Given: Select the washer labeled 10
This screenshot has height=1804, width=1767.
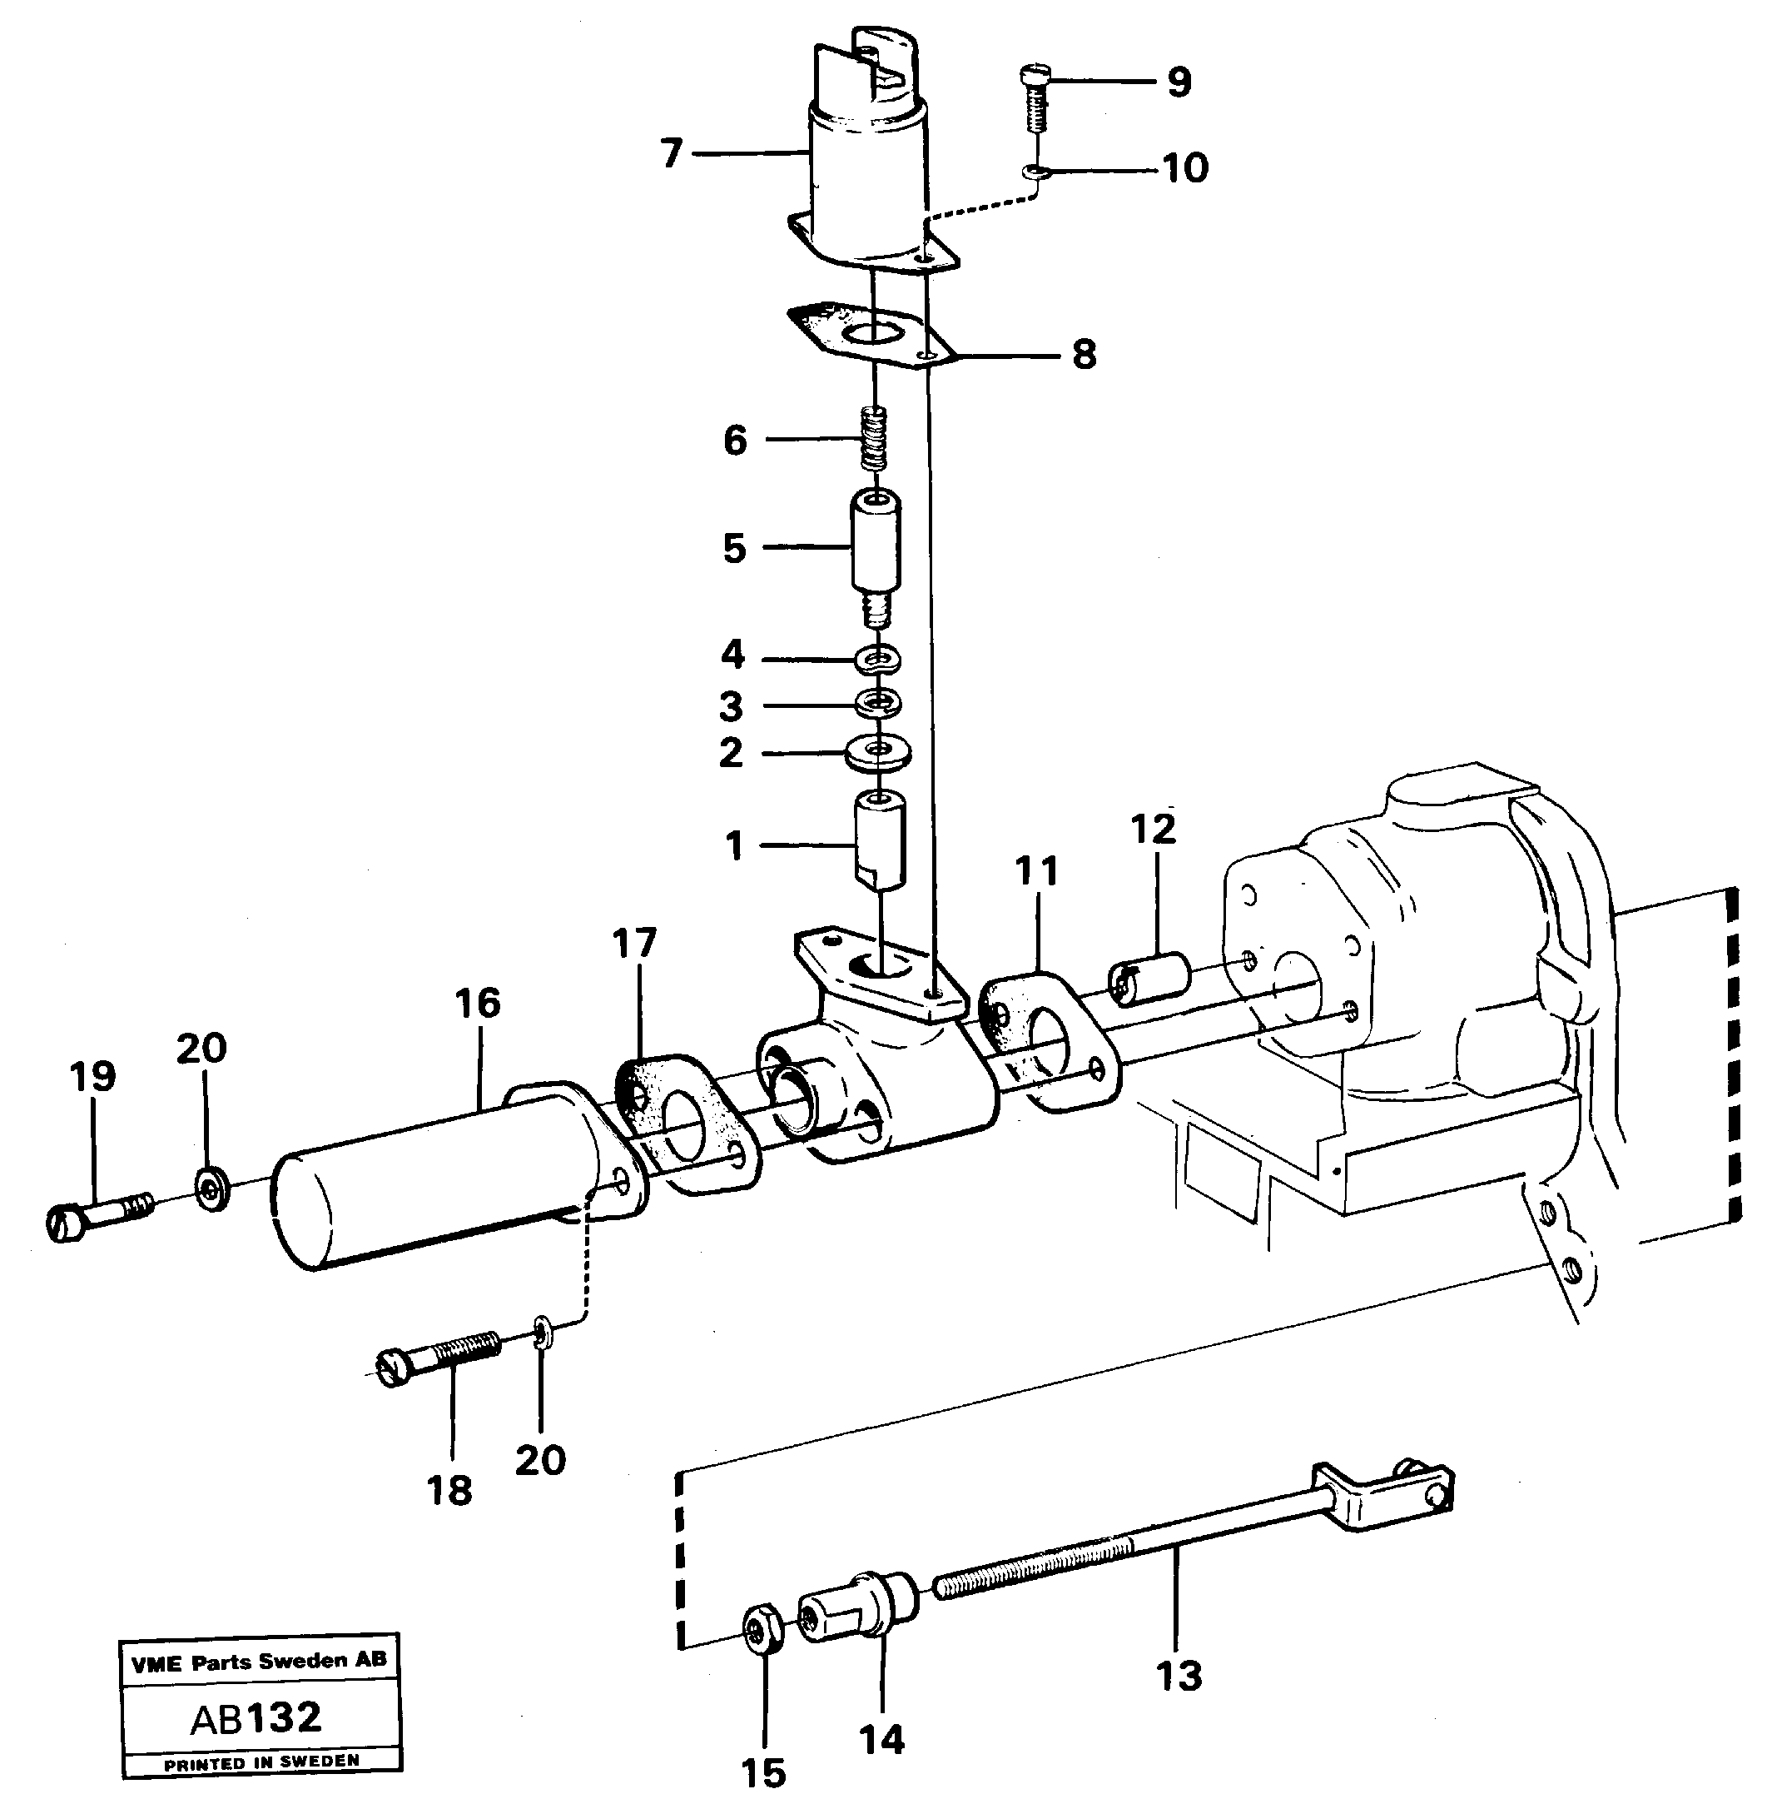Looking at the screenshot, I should pyautogui.click(x=1034, y=172).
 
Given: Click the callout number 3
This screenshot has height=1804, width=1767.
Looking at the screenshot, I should pyautogui.click(x=732, y=706).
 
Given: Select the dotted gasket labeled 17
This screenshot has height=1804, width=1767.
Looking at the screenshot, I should pyautogui.click(x=687, y=1124).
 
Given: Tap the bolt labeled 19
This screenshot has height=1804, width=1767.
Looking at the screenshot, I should pyautogui.click(x=93, y=1217).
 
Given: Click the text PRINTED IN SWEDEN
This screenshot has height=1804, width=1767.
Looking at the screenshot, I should pyautogui.click(x=261, y=1762).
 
